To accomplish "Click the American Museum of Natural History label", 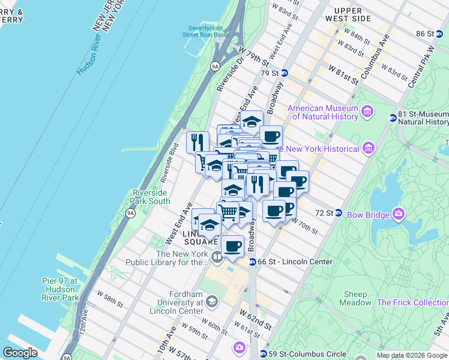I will pyautogui.click(x=323, y=113).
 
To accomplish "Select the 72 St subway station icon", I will pyautogui.click(x=338, y=213).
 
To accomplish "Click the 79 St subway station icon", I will pyautogui.click(x=285, y=73).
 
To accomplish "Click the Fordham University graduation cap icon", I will pyautogui.click(x=211, y=302).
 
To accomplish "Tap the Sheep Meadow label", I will pyautogui.click(x=356, y=298).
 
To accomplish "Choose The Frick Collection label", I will pyautogui.click(x=412, y=303).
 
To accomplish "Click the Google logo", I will pyautogui.click(x=20, y=353).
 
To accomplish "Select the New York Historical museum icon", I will pyautogui.click(x=369, y=148).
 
